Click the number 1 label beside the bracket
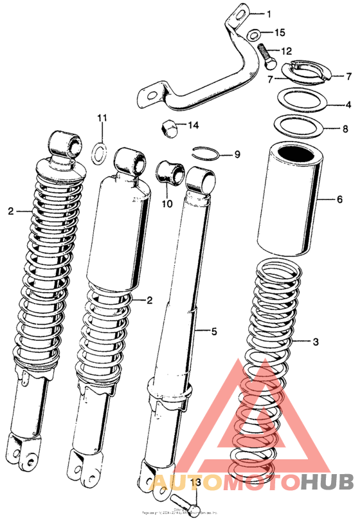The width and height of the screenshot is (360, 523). (x=269, y=14)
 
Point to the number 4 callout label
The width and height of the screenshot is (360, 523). (x=348, y=104)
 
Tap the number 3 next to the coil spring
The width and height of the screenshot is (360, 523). (x=315, y=342)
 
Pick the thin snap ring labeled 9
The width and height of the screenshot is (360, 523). (x=206, y=153)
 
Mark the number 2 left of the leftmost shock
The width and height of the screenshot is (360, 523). (x=10, y=210)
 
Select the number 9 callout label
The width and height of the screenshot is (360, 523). (x=237, y=154)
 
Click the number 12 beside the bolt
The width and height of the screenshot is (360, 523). (x=286, y=51)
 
